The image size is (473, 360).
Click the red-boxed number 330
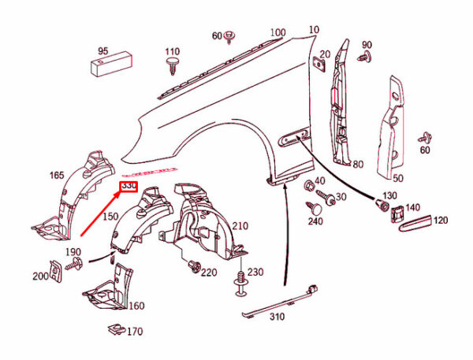[128, 187]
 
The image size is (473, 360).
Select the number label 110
[173, 53]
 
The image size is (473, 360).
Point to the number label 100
[277, 32]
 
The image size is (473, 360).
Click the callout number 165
[58, 175]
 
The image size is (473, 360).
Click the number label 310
[276, 318]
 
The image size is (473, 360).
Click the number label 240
[315, 221]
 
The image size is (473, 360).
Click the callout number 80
[358, 165]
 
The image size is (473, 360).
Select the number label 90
[367, 44]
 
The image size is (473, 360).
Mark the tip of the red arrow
[118, 194]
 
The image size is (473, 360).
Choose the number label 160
[136, 306]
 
